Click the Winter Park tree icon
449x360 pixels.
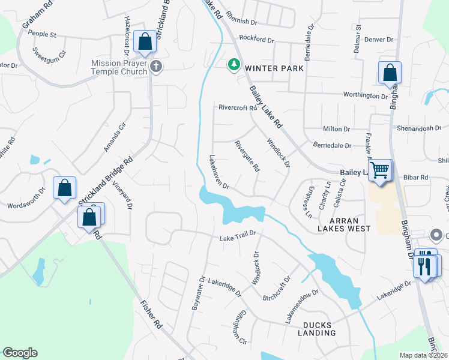[233, 64]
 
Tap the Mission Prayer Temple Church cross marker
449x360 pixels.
[156, 66]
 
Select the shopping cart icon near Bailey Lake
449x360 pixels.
[379, 170]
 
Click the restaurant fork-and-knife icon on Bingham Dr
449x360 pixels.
[426, 264]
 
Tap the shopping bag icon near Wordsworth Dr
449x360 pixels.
[64, 188]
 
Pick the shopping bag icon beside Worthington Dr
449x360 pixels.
[390, 73]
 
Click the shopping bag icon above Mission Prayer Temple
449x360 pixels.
[145, 41]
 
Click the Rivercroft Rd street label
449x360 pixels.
[238, 109]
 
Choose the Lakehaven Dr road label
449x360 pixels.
[219, 172]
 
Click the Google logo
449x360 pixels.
[20, 353]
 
